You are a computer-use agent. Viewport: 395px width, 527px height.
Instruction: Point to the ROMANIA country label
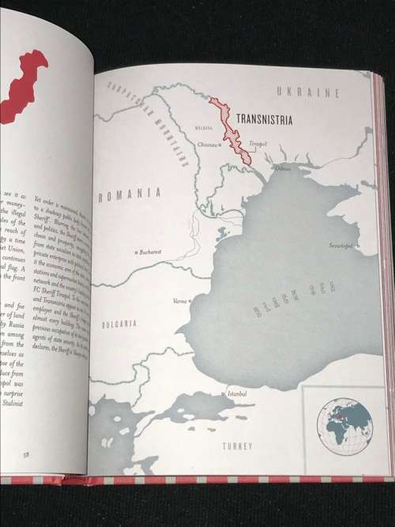click(130, 193)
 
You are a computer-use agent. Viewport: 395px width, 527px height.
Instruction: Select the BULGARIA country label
click(118, 323)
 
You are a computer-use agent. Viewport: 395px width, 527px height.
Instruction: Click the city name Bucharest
click(149, 252)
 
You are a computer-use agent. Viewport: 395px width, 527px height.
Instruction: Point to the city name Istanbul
click(236, 393)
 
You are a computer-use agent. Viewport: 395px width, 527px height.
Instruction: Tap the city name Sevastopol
click(344, 246)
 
